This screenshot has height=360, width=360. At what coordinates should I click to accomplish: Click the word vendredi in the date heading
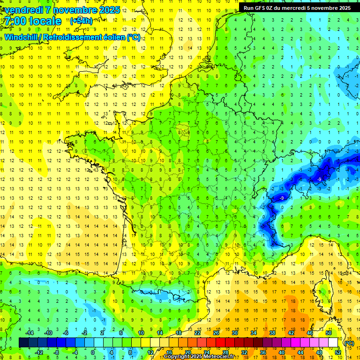coord(26,10)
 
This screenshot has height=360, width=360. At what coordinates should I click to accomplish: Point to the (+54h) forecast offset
coord(81,21)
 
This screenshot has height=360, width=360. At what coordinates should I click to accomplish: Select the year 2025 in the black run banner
coord(343,8)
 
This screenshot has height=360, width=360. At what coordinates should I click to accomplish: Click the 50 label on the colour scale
coord(328,333)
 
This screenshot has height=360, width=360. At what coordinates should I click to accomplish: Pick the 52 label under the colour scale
coord(337,352)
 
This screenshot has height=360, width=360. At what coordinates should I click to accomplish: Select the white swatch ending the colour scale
coord(333,343)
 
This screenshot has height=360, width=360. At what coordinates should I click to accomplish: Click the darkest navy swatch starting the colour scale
coord(23,343)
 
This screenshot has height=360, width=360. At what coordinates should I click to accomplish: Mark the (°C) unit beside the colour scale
coord(349,343)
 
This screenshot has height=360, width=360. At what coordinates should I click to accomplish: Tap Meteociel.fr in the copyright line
coord(222,357)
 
